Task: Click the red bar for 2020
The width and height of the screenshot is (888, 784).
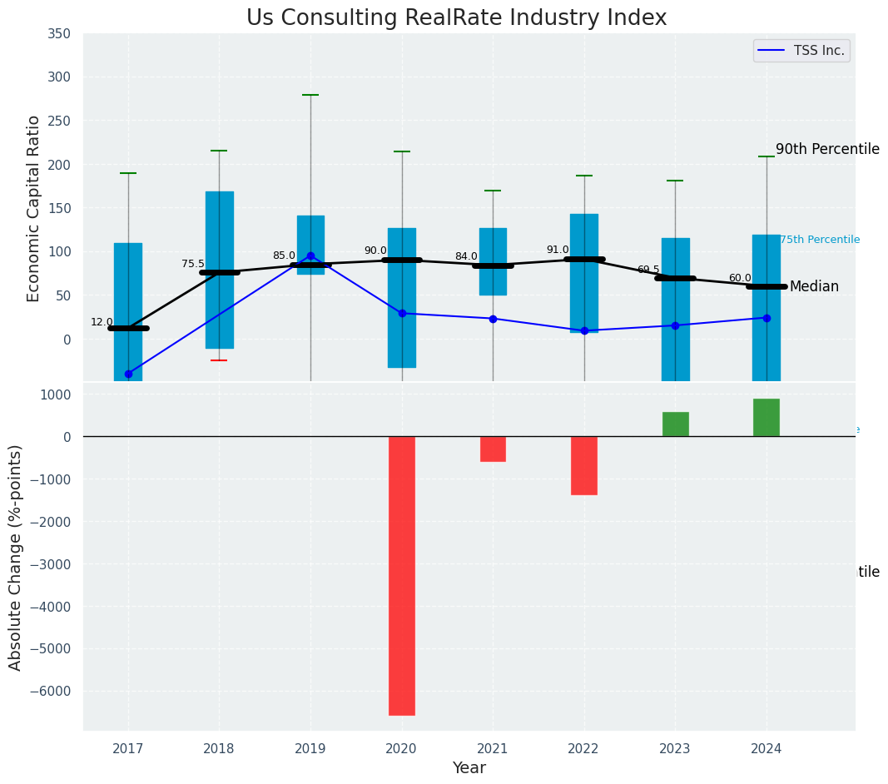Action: (x=402, y=575)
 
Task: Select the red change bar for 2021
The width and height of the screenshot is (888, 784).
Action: (x=493, y=449)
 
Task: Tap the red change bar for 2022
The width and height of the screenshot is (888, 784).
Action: (x=584, y=465)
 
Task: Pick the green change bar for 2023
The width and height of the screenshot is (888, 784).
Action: (x=675, y=424)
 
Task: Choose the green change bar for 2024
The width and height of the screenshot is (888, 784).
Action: (x=766, y=418)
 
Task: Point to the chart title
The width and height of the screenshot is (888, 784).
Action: (x=456, y=18)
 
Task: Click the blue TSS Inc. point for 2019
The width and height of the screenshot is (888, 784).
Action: (x=310, y=256)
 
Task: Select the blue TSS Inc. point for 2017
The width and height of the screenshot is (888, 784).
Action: (x=128, y=374)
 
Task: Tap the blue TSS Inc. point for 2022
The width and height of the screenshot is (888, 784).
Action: (x=584, y=330)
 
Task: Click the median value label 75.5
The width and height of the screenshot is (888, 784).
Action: (x=193, y=264)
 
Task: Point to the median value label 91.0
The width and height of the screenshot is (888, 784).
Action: (x=558, y=250)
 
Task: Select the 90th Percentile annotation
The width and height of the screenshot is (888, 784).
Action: (x=827, y=150)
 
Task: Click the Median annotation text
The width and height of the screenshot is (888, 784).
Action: (x=814, y=287)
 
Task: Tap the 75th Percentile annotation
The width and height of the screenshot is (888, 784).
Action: (x=820, y=240)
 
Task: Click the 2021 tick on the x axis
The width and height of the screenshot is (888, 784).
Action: (x=493, y=749)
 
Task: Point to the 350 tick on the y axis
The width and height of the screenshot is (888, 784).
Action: (x=60, y=34)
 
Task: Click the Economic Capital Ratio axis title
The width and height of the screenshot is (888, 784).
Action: (x=34, y=208)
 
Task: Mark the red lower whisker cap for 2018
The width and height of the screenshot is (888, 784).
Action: (x=219, y=360)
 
